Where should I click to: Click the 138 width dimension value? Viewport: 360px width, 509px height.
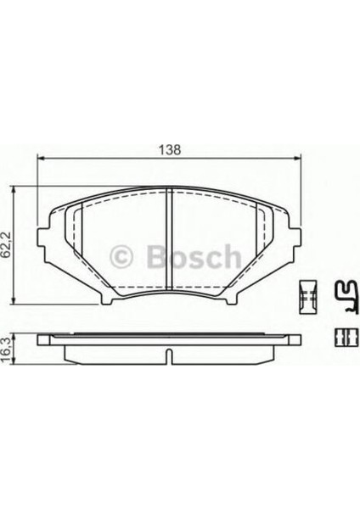click(x=169, y=150)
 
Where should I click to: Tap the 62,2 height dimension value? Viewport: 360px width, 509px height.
click(x=7, y=245)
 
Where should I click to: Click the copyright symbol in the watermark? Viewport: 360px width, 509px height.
click(x=121, y=257)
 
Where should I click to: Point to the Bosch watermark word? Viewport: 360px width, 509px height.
click(x=194, y=256)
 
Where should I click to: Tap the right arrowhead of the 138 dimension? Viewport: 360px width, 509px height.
click(x=298, y=158)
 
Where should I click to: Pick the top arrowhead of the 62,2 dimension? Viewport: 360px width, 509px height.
click(x=14, y=190)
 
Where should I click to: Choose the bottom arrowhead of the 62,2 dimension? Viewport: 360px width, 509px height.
click(x=14, y=300)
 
